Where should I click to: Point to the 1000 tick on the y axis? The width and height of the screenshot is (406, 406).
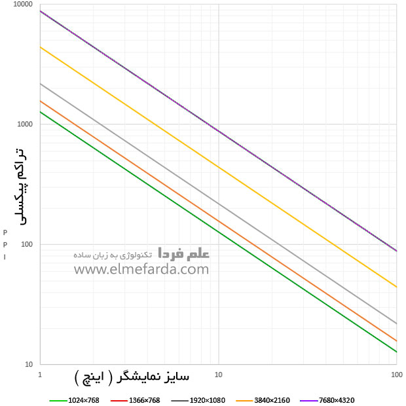point(26,124)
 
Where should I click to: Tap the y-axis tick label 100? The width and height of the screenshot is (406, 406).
point(28,245)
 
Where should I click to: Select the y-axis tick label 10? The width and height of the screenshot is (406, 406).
point(29,365)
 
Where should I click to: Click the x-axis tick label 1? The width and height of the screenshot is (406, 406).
point(41,374)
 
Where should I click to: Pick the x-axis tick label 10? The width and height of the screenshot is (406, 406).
point(218,374)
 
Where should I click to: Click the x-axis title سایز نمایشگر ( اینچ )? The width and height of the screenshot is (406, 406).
point(132,378)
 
